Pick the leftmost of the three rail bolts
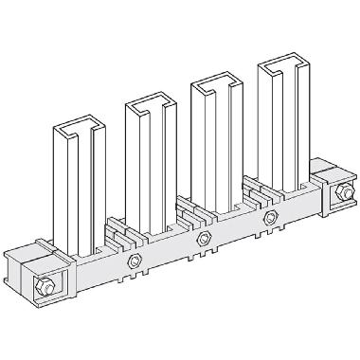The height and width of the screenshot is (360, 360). coord(134,262)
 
